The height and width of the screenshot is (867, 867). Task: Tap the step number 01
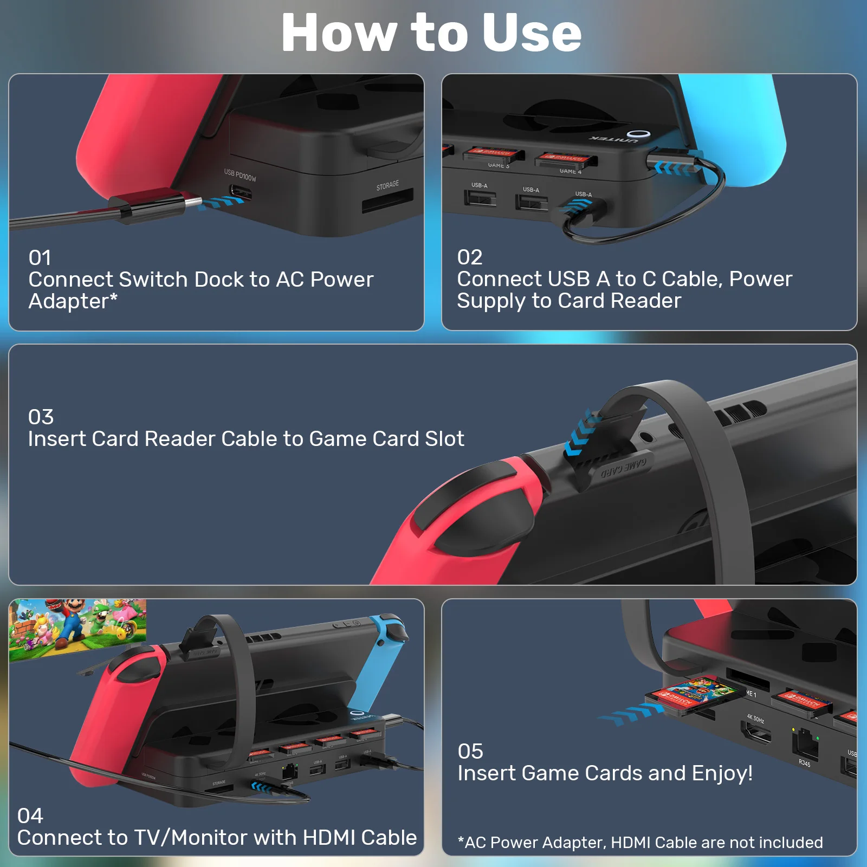click(40, 258)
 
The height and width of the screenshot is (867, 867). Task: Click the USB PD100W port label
click(240, 175)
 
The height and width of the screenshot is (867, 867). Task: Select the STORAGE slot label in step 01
click(387, 185)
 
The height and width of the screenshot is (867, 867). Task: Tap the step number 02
click(469, 257)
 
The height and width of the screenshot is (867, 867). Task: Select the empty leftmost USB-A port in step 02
click(480, 198)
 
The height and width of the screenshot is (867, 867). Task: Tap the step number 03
click(41, 417)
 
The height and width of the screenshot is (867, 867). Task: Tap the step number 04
click(30, 816)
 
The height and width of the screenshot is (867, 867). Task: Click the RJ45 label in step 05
click(804, 764)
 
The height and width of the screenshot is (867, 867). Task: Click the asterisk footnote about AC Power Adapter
click(639, 843)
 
